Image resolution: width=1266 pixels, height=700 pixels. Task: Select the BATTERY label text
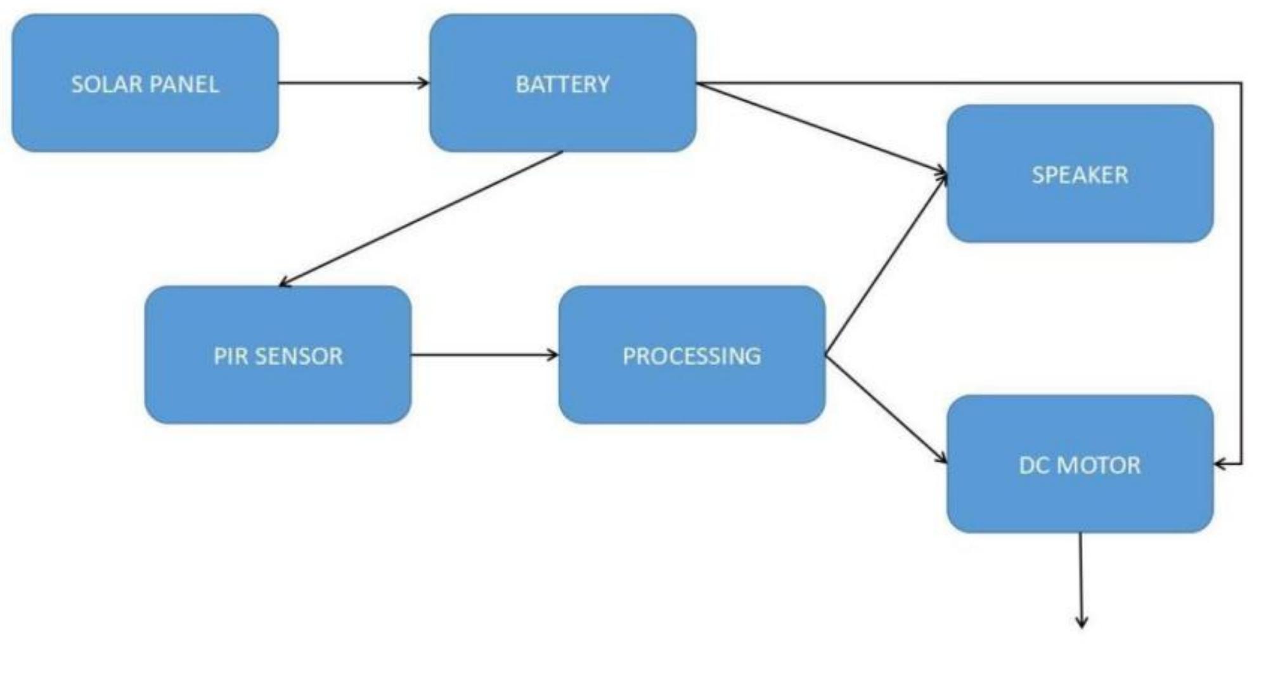(x=563, y=84)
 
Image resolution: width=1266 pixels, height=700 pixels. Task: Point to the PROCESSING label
(x=692, y=356)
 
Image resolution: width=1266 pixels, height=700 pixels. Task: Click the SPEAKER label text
(x=1080, y=175)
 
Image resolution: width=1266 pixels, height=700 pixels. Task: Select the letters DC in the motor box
(x=1033, y=465)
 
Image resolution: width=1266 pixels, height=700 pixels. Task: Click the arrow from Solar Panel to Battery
(x=352, y=83)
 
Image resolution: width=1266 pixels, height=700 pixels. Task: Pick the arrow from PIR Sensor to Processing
(x=484, y=355)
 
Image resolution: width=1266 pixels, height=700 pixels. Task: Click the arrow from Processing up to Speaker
(x=886, y=264)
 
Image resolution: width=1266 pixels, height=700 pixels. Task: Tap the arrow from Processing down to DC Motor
(x=886, y=410)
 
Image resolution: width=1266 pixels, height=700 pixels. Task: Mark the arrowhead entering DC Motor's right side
(x=1220, y=464)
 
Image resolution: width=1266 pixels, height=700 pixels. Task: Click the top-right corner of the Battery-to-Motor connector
(x=1241, y=83)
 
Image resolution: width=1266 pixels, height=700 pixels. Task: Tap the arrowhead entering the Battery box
(x=423, y=83)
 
